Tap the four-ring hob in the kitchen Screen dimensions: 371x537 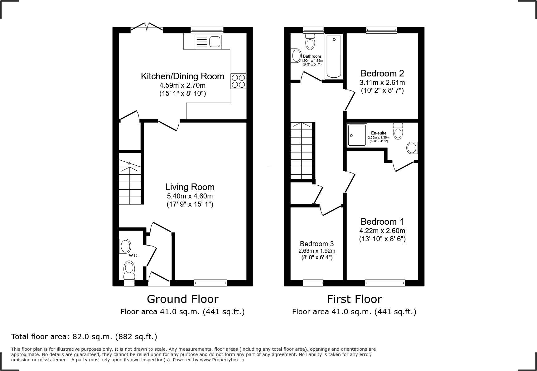click(238, 81)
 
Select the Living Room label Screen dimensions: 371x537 click(190, 187)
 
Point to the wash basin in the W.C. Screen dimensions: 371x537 click(125, 246)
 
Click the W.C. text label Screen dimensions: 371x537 click(133, 256)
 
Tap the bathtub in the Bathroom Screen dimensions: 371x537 click(334, 56)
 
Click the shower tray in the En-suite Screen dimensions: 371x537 click(357, 135)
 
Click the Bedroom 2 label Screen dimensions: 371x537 click(382, 73)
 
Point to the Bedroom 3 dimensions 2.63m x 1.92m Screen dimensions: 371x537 click(317, 251)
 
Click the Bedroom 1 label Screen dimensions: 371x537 click(382, 222)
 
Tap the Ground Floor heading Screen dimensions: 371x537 click(182, 299)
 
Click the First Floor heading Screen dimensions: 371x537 click(354, 299)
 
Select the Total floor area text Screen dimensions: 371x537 click(84, 337)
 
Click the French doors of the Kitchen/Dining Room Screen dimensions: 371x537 click(147, 27)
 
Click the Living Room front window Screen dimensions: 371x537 click(210, 283)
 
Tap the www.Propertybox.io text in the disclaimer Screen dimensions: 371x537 click(222, 360)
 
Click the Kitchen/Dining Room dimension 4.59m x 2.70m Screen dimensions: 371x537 click(182, 85)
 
